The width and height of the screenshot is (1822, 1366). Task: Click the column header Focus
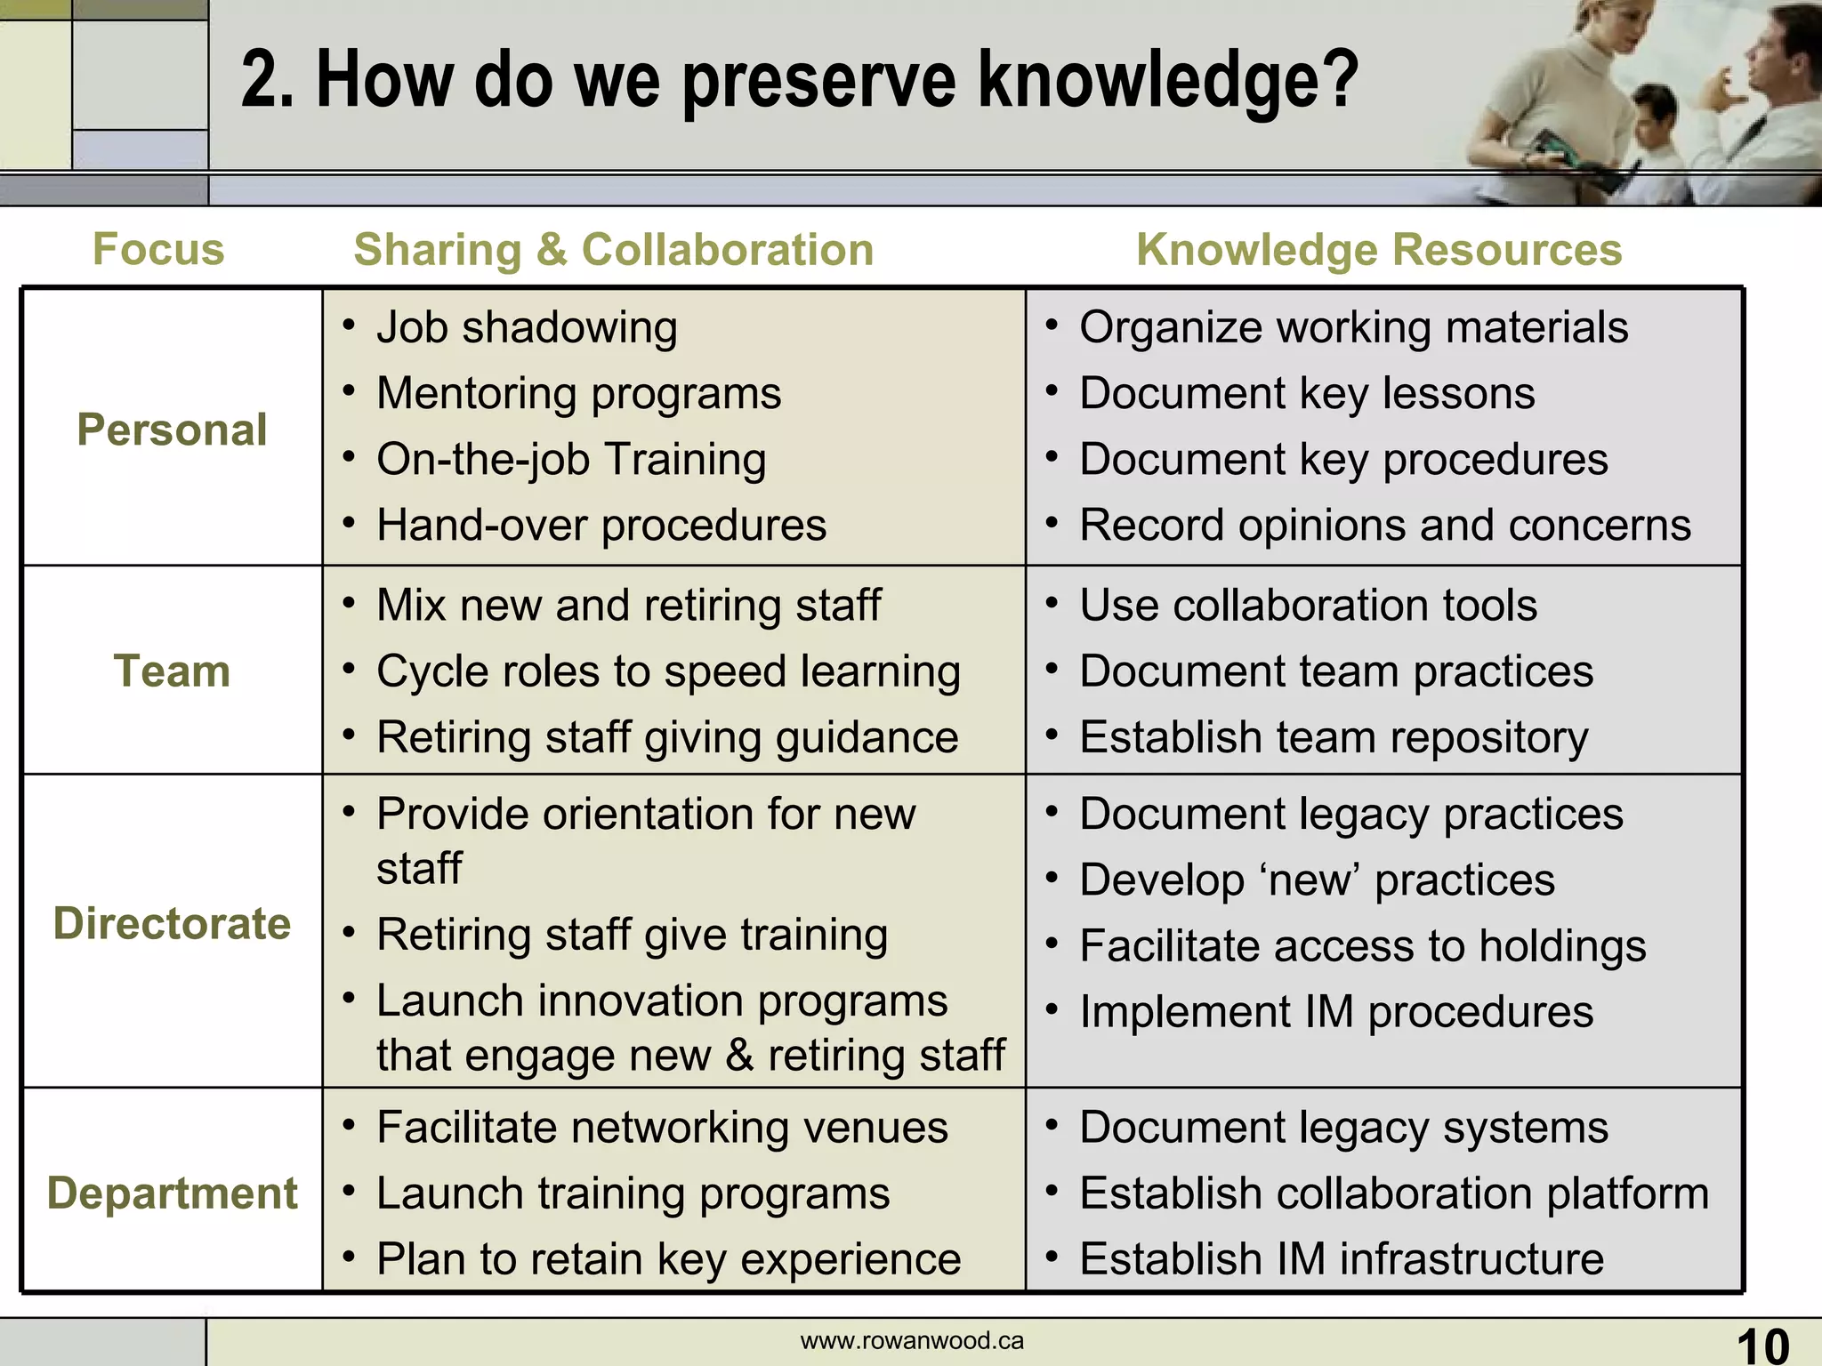coord(158,249)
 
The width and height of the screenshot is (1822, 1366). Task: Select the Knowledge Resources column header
coord(1379,249)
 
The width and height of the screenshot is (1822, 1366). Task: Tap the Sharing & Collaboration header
coord(614,249)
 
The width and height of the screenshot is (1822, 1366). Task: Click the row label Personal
coord(172,430)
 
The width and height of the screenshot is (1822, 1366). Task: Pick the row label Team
coord(172,671)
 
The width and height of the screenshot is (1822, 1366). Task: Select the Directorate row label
coord(172,923)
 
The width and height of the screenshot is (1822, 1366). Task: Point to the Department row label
coord(172,1193)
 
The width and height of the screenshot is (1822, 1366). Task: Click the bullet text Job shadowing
coord(527,327)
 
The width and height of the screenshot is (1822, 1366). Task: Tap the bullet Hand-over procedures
coord(601,525)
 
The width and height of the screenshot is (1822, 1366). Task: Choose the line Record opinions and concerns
coord(1384,525)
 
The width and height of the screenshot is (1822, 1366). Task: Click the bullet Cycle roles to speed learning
coord(668,671)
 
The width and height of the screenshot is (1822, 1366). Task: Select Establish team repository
coord(1334,737)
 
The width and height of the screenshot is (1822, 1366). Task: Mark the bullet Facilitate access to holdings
coord(1362,945)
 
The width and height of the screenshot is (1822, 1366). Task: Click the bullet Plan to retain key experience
coord(668,1259)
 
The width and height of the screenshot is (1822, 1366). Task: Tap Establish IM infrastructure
coord(1341,1259)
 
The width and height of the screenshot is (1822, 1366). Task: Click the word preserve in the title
coord(818,82)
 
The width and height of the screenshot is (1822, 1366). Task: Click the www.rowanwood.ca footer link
coord(912,1341)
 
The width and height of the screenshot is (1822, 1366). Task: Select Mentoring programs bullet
coord(578,393)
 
